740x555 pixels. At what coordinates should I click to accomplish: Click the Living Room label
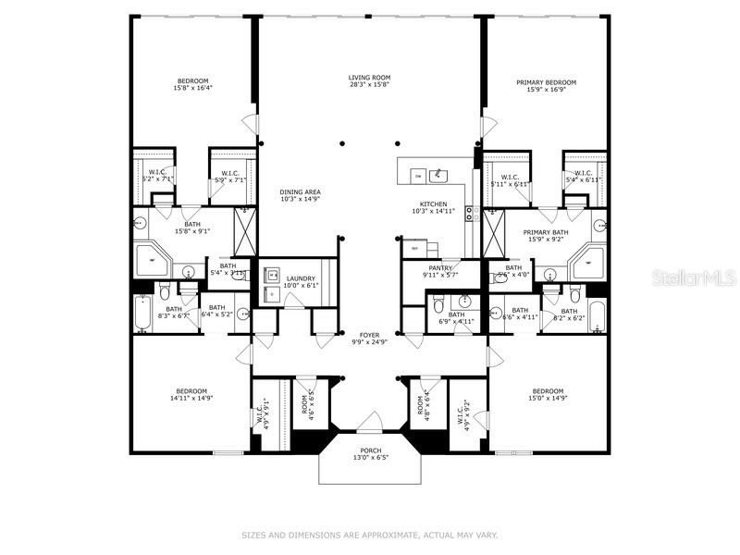coord(369,77)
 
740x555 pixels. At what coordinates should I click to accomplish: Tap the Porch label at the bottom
coord(369,450)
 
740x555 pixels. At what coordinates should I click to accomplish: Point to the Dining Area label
coord(299,191)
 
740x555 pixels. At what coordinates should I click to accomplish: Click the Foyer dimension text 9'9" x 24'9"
coord(369,341)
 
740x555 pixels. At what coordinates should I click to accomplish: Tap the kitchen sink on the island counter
coord(440,174)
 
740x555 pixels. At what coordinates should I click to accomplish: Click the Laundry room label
coord(301,278)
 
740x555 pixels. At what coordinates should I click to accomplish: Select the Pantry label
coord(440,267)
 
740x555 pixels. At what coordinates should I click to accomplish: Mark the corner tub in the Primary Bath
coord(586,265)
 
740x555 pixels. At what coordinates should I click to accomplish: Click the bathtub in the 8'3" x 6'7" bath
coord(143,314)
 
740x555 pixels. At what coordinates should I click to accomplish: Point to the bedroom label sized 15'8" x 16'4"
coord(192,82)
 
